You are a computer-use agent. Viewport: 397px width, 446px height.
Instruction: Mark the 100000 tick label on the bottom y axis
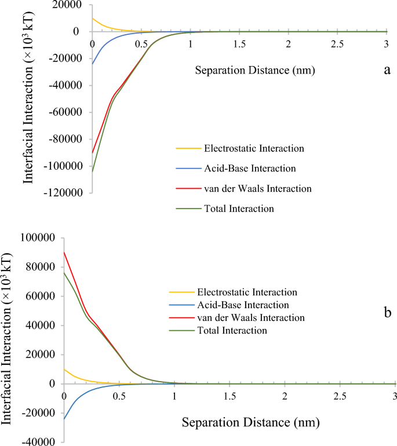click(38, 237)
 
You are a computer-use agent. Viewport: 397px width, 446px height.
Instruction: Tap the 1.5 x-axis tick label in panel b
click(230, 396)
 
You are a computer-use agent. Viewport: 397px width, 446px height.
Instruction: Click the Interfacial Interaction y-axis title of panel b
click(10, 336)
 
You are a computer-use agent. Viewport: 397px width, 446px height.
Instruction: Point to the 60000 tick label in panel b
click(41, 296)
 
